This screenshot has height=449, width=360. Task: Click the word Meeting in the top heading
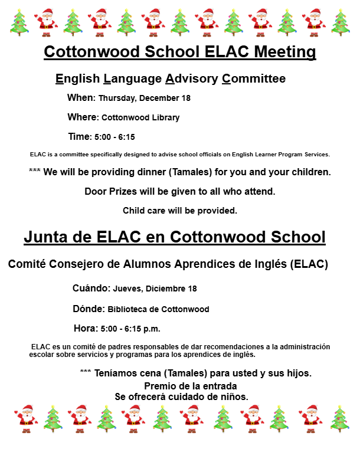(284, 52)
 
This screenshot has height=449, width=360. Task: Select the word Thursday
(118, 98)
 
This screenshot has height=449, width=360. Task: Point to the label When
(80, 97)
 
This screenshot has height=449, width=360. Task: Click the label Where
(81, 117)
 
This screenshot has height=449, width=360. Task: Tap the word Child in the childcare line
(134, 211)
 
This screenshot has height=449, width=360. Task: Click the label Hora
(86, 328)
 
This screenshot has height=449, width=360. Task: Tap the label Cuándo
(91, 289)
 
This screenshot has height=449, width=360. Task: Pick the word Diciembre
(165, 289)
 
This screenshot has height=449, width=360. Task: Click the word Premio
(162, 386)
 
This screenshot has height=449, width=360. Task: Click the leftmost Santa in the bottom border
(26, 418)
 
